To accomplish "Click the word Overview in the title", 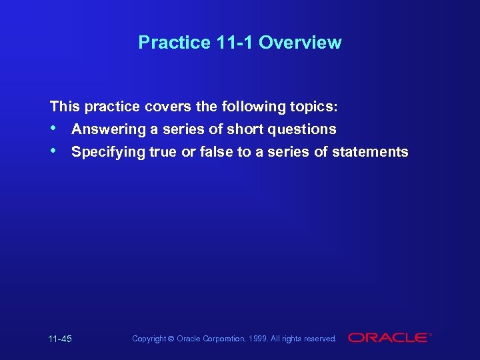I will pos(300,43).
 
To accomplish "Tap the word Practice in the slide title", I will pos(175,43).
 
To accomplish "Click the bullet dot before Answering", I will pos(53,128).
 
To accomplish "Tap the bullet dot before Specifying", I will pos(53,151).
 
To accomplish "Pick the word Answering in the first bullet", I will pos(109,129).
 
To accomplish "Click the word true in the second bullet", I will pos(163,152).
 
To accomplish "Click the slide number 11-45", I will pos(60,339).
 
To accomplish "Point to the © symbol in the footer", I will pos(171,339).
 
